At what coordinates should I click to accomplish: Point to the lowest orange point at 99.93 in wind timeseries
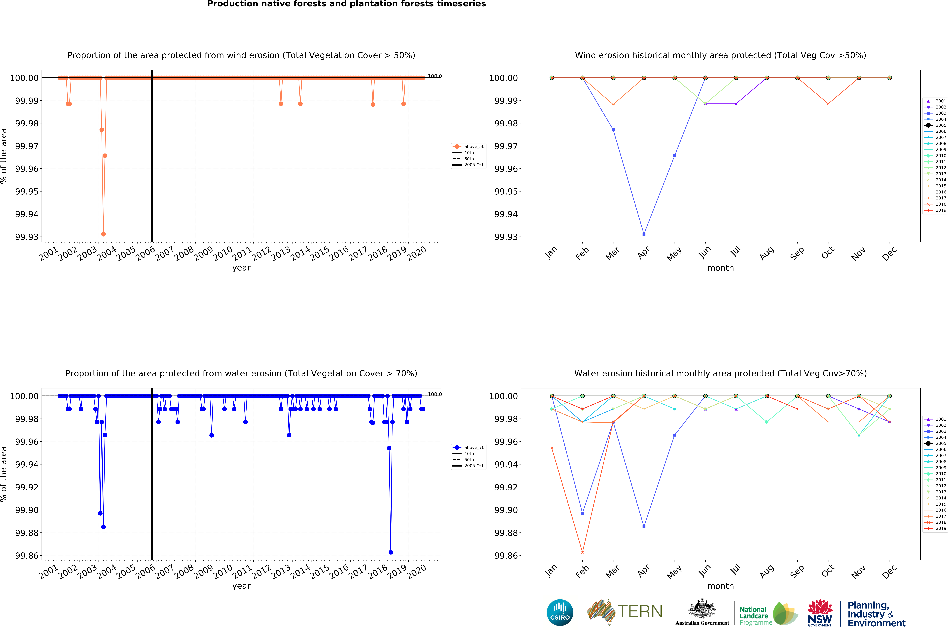click(103, 234)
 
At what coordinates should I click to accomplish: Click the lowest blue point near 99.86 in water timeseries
click(391, 552)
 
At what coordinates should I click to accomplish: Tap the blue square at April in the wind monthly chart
click(644, 234)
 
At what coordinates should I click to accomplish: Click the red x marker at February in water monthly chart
click(582, 552)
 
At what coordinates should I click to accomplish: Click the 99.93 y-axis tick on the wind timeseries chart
click(27, 237)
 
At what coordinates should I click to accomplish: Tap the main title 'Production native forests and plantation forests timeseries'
click(346, 4)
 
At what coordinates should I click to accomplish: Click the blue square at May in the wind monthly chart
click(675, 156)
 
